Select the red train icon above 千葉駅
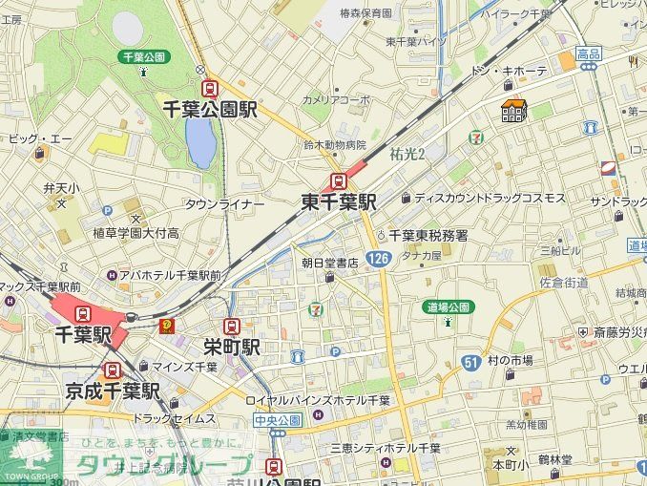82,313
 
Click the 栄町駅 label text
232,347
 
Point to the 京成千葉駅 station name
113,391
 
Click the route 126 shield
379,259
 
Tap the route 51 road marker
470,362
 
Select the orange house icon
513,112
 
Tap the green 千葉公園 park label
143,57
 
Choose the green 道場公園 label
448,306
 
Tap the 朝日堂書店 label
329,262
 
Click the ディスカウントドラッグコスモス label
490,199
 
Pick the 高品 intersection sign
589,54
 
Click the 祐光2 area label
407,153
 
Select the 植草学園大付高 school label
136,232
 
